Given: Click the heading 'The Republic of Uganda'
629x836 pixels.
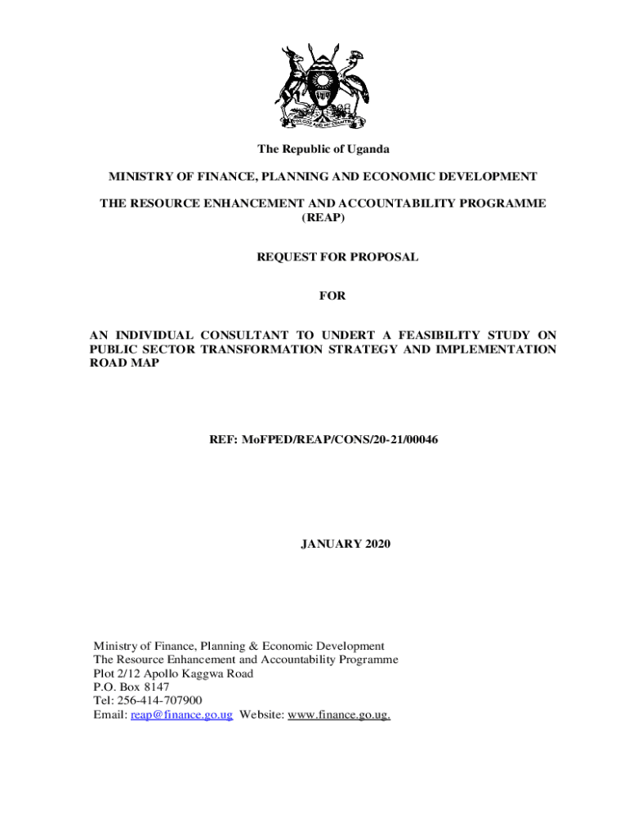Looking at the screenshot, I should click(323, 149).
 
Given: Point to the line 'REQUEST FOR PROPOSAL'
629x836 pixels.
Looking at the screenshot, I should click(337, 257).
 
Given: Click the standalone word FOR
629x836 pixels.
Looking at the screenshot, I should click(332, 296).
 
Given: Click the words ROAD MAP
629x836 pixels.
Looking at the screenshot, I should click(124, 364).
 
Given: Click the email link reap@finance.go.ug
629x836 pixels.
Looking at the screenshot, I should click(182, 715).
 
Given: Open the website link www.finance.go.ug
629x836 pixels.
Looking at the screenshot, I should click(339, 715).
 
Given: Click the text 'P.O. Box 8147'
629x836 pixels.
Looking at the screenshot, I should click(132, 687).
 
